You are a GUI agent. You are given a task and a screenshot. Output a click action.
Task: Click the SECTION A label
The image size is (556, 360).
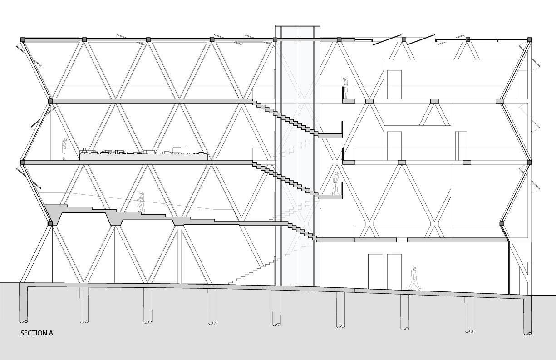tap(37, 333)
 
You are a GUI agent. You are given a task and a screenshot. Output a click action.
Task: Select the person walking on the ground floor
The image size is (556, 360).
tap(414, 279)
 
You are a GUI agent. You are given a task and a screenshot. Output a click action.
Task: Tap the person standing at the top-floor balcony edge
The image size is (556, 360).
tap(345, 88)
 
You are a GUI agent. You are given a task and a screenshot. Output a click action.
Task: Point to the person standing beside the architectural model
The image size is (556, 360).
tap(64, 149)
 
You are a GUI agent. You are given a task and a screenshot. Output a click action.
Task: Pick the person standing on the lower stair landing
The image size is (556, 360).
tap(336, 183)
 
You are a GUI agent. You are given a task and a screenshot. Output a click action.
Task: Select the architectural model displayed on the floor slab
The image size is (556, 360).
tap(144, 154)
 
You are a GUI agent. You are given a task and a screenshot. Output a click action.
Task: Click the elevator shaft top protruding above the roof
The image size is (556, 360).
tap(298, 32)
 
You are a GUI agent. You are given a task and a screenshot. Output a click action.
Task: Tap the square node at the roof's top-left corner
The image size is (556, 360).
tap(22, 40)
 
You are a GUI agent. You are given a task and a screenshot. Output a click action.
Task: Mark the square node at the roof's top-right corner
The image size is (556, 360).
tap(530, 40)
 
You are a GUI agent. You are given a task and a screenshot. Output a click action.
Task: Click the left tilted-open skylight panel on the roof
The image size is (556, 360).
tap(387, 39)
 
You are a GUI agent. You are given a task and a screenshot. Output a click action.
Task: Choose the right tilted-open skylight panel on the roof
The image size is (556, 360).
tap(421, 39)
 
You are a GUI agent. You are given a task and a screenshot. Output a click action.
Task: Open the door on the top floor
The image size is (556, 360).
tap(394, 84)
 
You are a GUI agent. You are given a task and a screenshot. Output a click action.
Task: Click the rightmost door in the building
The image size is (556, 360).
tap(461, 146)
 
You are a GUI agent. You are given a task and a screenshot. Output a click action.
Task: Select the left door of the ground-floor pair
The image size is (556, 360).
tap(375, 271)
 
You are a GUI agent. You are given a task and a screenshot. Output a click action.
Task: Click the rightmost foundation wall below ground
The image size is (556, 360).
tap(527, 316)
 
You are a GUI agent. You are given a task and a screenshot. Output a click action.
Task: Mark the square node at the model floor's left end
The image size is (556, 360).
tap(22, 162)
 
